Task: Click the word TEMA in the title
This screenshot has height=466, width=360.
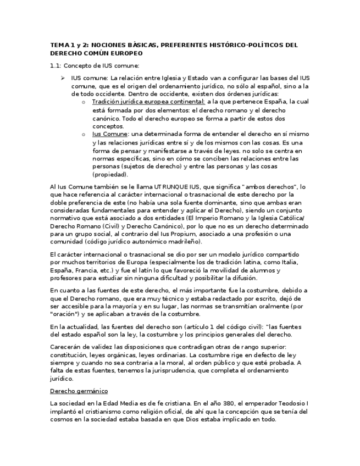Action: (x=58, y=45)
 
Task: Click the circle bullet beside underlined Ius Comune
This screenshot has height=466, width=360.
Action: (x=83, y=134)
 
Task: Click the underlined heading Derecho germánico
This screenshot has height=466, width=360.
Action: (x=79, y=391)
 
